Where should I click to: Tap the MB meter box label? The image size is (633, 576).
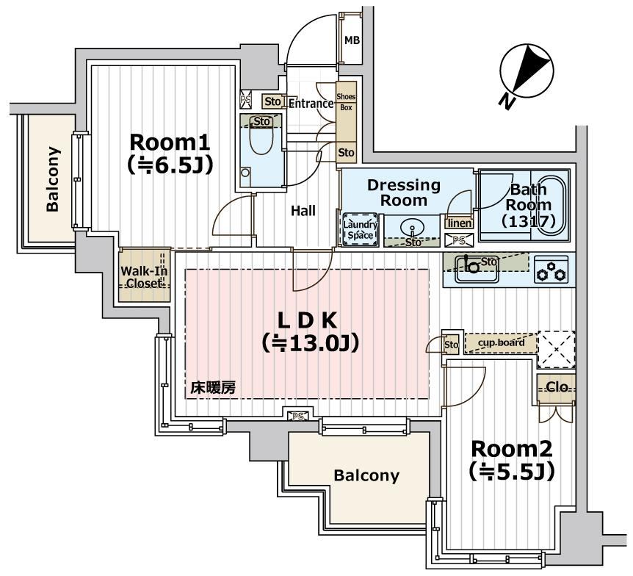click(x=352, y=40)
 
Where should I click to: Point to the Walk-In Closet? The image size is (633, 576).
click(x=145, y=277)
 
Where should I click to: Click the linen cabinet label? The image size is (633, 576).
click(x=459, y=223)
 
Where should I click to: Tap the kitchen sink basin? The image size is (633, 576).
click(x=470, y=267)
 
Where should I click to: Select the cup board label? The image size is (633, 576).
click(x=501, y=343)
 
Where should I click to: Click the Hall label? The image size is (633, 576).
click(x=303, y=211)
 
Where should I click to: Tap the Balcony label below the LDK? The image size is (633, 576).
click(x=366, y=475)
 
